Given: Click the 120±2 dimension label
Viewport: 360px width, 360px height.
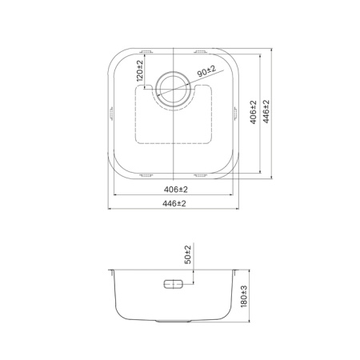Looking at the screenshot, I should click(141, 72).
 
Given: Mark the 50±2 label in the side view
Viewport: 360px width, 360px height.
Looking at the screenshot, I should click(189, 256).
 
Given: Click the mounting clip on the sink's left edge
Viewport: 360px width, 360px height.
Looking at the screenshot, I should click(110, 114).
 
